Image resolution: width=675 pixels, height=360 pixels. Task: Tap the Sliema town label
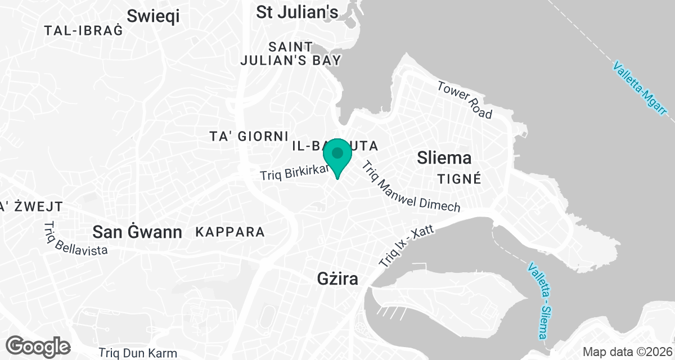pyautogui.click(x=444, y=158)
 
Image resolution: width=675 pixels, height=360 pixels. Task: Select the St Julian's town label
pyautogui.click(x=297, y=12)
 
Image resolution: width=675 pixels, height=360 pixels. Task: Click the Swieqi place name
pyautogui.click(x=153, y=16)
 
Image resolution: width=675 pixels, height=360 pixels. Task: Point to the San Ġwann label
pyautogui.click(x=137, y=231)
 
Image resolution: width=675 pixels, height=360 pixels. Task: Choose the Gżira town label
pyautogui.click(x=337, y=278)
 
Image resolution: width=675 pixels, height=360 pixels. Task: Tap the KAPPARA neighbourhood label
pyautogui.click(x=229, y=232)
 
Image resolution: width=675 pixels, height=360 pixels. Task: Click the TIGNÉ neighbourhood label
pyautogui.click(x=460, y=179)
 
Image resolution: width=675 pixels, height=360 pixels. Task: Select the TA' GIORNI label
pyautogui.click(x=249, y=136)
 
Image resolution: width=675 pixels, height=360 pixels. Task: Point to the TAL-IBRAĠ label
pyautogui.click(x=83, y=31)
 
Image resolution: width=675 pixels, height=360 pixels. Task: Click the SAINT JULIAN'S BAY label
pyautogui.click(x=290, y=53)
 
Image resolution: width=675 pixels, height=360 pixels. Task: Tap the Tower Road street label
pyautogui.click(x=465, y=100)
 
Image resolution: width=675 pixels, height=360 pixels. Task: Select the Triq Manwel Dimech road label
pyautogui.click(x=411, y=187)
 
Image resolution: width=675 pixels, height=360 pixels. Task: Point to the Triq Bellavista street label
pyautogui.click(x=75, y=239)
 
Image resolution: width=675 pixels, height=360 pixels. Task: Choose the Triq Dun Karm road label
pyautogui.click(x=138, y=353)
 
